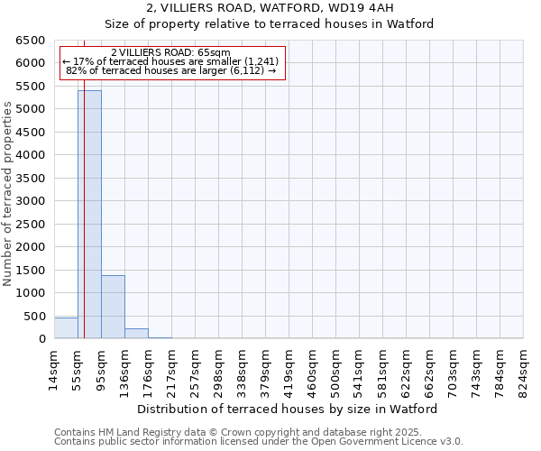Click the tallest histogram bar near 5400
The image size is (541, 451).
pyautogui.click(x=89, y=215)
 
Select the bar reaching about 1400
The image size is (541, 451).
pyautogui.click(x=113, y=307)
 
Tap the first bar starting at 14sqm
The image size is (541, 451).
pyautogui.click(x=66, y=328)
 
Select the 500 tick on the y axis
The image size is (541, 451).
pyautogui.click(x=34, y=316)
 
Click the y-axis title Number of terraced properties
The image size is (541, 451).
pyautogui.click(x=8, y=194)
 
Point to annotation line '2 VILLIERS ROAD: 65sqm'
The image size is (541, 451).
pyautogui.click(x=170, y=52)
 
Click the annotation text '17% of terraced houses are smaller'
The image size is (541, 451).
pyautogui.click(x=170, y=61)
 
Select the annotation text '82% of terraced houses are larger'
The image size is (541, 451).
pyautogui.click(x=170, y=70)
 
